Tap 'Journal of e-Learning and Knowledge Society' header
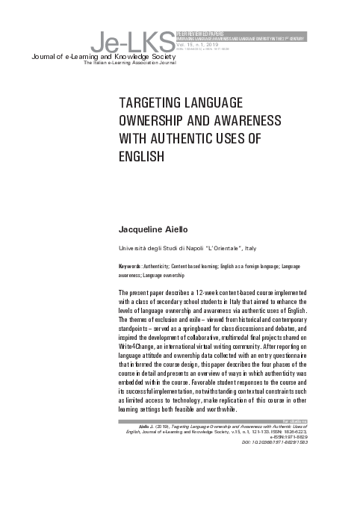click(102, 57)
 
